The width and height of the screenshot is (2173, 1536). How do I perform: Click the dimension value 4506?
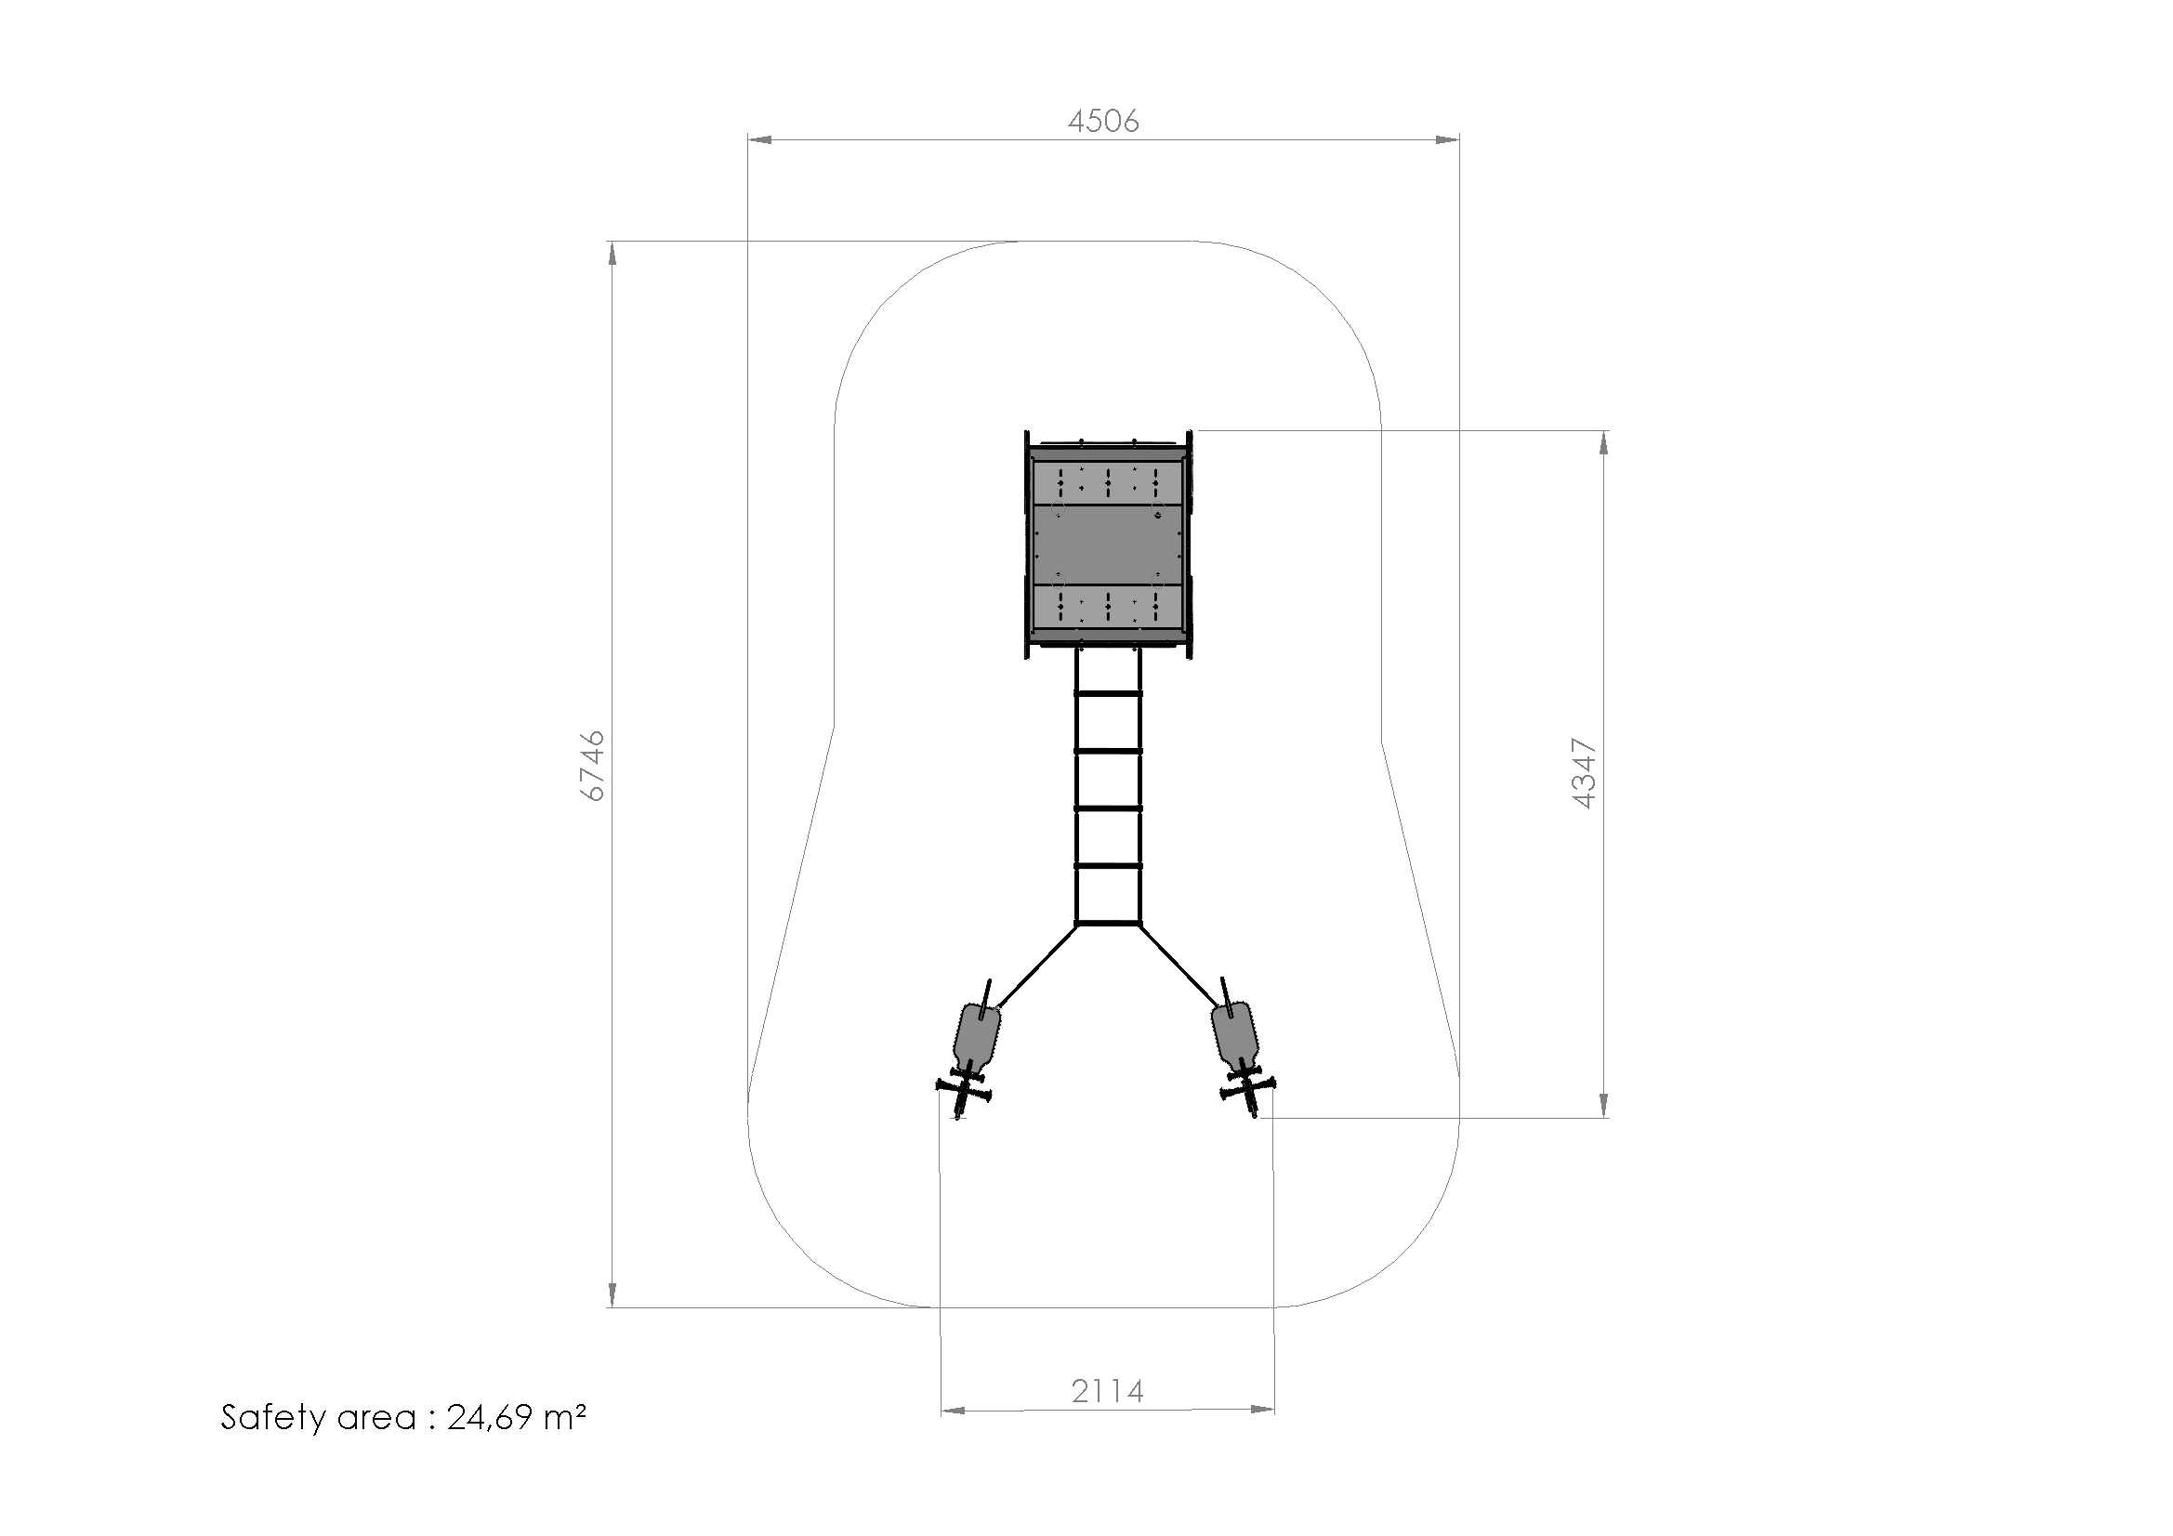tap(1102, 121)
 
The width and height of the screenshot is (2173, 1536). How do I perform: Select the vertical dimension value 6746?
tap(591, 766)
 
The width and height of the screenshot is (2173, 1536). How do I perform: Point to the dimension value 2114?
tap(1107, 1391)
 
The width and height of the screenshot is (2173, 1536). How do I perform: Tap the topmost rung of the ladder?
tap(1108, 694)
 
